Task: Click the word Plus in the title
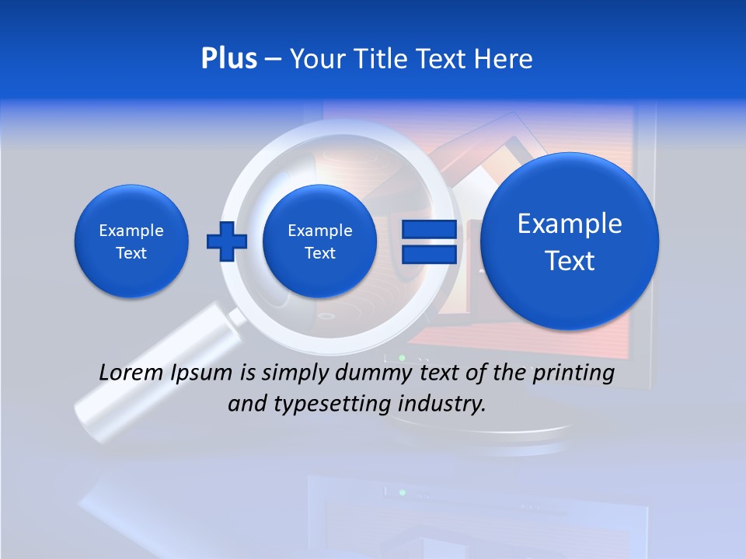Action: pos(228,59)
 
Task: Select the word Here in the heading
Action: pos(504,59)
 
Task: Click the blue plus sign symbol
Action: pos(226,241)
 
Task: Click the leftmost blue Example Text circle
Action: pos(131,241)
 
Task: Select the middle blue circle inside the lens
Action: pos(319,241)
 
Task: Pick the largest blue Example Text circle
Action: pos(570,241)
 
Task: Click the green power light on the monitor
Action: pos(402,358)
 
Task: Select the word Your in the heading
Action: pos(316,59)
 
